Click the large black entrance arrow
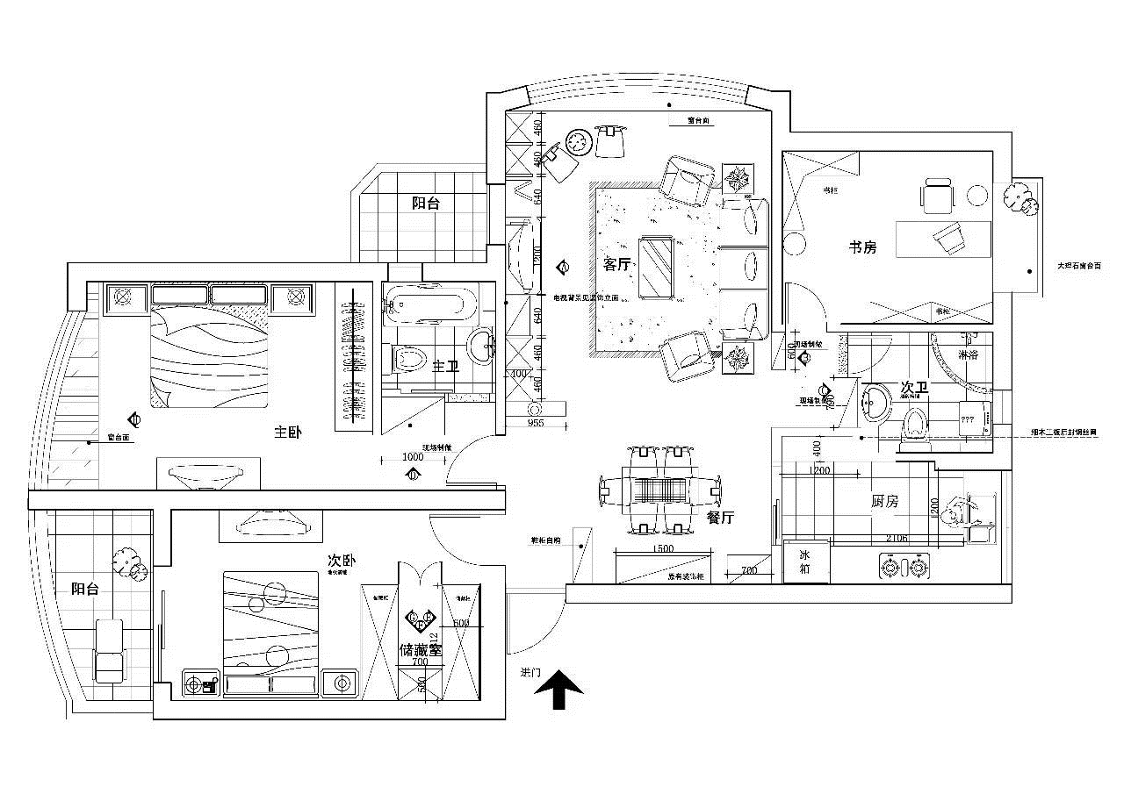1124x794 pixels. coord(559,690)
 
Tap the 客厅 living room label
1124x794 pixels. coord(616,263)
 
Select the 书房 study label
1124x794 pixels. coord(862,247)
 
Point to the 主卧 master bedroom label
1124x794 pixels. coord(288,432)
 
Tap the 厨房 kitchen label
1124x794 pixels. coord(885,502)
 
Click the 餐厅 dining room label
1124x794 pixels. coord(720,518)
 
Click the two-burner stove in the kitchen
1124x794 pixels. coord(904,567)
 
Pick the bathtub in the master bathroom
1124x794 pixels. coord(429,306)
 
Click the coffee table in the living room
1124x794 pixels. coord(656,267)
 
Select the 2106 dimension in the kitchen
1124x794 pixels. coord(897,538)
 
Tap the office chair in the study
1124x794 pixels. coord(937,196)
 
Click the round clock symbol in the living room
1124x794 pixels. coord(577,142)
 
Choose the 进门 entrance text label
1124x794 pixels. coord(530,672)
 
